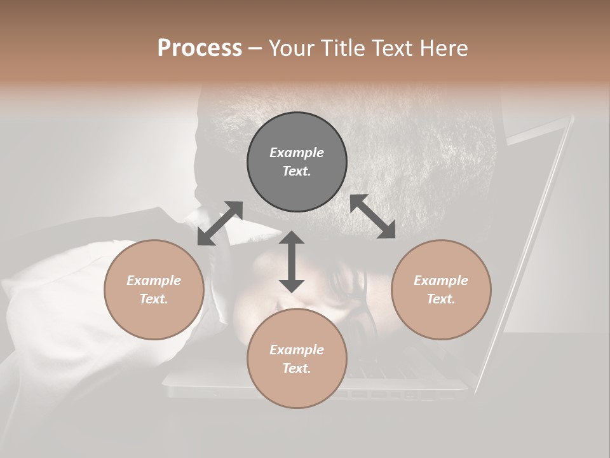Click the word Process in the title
[200, 48]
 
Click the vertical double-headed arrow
[292, 261]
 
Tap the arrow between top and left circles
[220, 223]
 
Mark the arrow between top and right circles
[373, 217]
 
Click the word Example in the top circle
[297, 153]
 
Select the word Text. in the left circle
[154, 299]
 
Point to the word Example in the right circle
[441, 281]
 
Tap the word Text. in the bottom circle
[297, 368]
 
